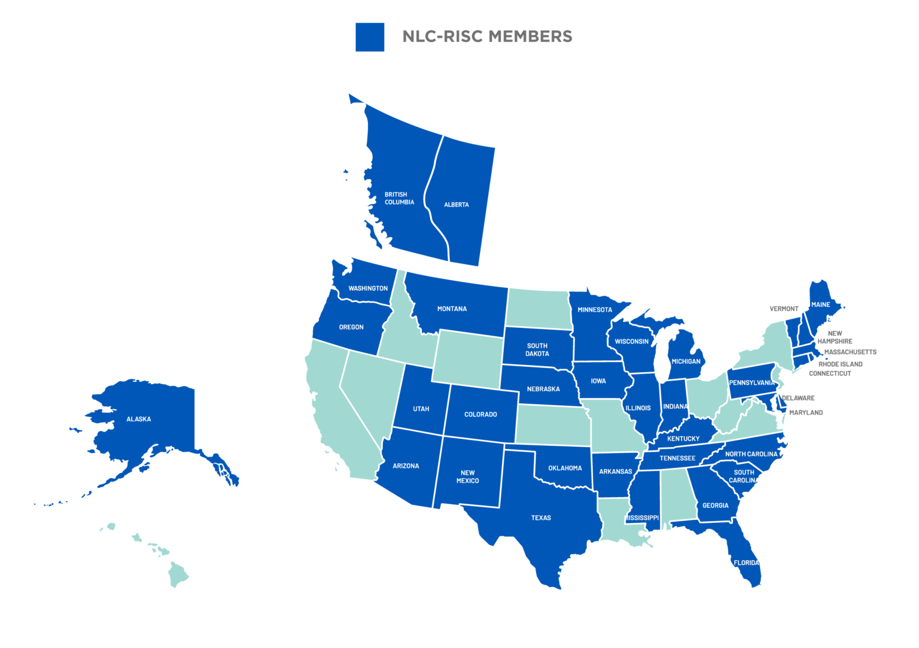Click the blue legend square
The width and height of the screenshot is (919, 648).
coord(370,37)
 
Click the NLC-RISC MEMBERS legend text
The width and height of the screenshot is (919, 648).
coord(487,36)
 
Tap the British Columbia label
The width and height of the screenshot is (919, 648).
coord(399,198)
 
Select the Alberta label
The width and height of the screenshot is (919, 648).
coord(457,205)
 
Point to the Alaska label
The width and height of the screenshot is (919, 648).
coord(139,419)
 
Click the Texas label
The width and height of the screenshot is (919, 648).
coord(541,518)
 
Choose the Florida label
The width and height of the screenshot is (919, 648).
coord(746,562)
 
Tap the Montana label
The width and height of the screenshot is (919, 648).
coord(452,309)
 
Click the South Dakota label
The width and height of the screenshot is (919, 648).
coord(537,349)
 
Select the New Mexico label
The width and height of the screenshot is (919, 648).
coord(467,476)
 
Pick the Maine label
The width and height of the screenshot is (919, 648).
coord(820,305)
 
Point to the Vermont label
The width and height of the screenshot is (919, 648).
coord(784,309)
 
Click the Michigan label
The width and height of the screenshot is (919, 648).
coord(686,361)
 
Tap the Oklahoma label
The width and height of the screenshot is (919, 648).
coord(565,468)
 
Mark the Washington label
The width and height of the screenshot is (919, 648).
coord(368,288)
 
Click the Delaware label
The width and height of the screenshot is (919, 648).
coord(798,397)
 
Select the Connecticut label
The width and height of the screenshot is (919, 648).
coord(830,373)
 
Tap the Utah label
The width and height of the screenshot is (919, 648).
coord(421,409)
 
